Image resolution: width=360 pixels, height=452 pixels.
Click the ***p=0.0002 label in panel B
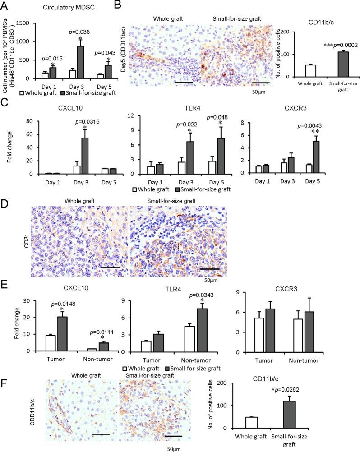point(333,47)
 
